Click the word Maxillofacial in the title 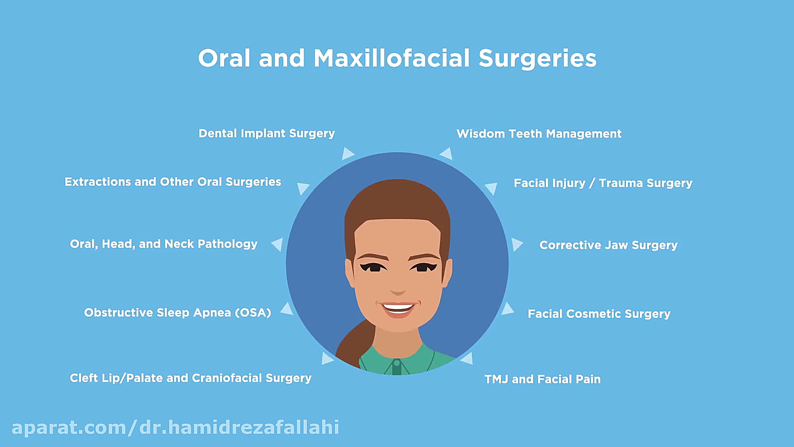tap(392, 58)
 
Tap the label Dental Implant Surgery tap(267, 133)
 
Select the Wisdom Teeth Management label tap(539, 134)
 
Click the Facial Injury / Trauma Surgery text tap(603, 183)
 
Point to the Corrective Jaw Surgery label tap(608, 245)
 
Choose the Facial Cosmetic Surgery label tap(599, 314)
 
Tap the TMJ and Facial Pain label tap(543, 379)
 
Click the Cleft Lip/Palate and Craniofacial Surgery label tap(191, 378)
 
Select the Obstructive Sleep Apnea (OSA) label tap(177, 312)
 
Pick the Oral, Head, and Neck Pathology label tap(164, 244)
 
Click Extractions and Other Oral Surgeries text tap(173, 182)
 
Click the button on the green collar tap(397, 363)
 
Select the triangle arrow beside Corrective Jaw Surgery tap(517, 244)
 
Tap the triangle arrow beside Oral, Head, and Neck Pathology tap(277, 244)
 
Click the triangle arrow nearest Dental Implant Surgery tap(348, 154)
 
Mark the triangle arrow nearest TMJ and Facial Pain tap(467, 358)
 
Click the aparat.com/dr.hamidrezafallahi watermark tap(175, 428)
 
